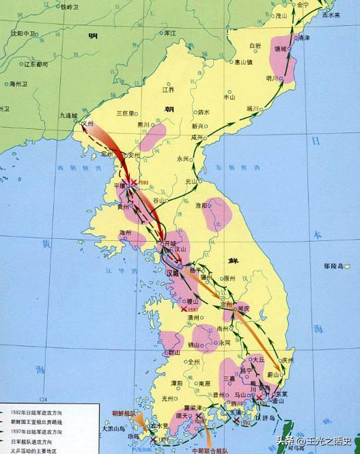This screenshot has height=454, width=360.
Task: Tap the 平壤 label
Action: (x=119, y=186)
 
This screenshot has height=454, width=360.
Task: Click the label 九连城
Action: (x=69, y=116)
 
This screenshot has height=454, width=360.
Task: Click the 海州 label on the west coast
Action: (x=125, y=233)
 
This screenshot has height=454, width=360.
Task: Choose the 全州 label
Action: (x=193, y=361)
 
